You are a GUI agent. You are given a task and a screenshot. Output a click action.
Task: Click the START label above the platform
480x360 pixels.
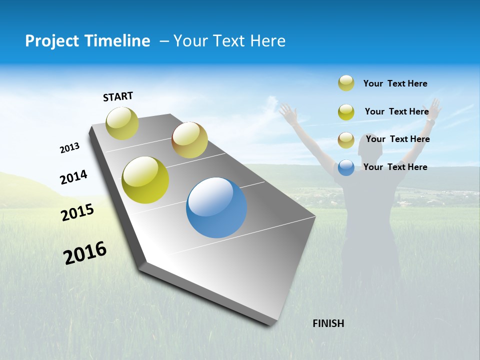(x=118, y=96)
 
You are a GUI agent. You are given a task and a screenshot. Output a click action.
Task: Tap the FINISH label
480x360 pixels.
(x=328, y=323)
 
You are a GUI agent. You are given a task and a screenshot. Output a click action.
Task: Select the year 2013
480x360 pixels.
(x=69, y=148)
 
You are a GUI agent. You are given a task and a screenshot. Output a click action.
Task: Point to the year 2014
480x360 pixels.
(x=73, y=177)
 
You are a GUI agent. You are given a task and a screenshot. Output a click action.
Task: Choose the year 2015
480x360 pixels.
(x=77, y=212)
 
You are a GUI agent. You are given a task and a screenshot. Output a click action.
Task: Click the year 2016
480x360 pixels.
(x=85, y=253)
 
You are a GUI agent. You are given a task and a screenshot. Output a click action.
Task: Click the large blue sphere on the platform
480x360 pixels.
(x=216, y=207)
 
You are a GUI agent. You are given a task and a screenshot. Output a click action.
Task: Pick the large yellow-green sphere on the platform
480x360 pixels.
(x=145, y=180)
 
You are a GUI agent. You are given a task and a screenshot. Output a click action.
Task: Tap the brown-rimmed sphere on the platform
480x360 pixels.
(x=189, y=140)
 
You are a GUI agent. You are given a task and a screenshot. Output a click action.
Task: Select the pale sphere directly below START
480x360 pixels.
(x=122, y=123)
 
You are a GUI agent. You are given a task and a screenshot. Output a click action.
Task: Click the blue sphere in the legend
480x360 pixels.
(x=346, y=167)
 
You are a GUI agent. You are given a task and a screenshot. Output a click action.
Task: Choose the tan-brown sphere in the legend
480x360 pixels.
(x=346, y=140)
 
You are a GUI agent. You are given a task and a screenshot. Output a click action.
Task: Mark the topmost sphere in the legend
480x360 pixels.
(x=346, y=83)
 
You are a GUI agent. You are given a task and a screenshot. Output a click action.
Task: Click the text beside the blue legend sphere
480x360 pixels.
(x=395, y=167)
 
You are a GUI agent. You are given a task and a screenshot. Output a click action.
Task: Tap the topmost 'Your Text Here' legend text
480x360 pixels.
(x=395, y=83)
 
